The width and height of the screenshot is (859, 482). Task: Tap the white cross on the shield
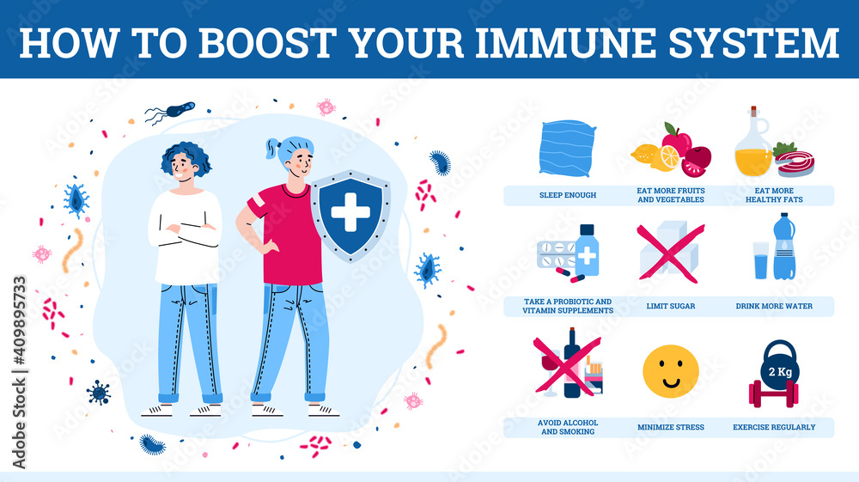pos(350,212)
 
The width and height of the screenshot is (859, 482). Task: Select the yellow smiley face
pos(671,370)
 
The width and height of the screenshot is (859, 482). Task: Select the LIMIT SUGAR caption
pos(671,306)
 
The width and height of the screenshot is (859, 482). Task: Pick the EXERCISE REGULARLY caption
pos(774,427)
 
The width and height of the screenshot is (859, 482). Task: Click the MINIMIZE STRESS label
pos(671,427)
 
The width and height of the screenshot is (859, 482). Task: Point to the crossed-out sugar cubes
pos(671,252)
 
